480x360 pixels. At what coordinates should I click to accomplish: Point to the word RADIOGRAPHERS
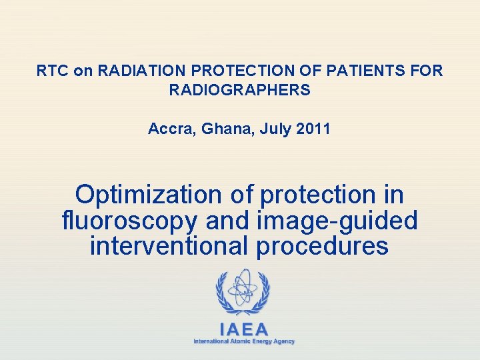(x=240, y=90)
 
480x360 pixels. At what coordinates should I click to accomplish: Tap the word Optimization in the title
(x=148, y=195)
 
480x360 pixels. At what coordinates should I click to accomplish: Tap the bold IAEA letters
(x=244, y=329)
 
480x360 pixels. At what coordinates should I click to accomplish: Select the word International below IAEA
(x=209, y=341)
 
